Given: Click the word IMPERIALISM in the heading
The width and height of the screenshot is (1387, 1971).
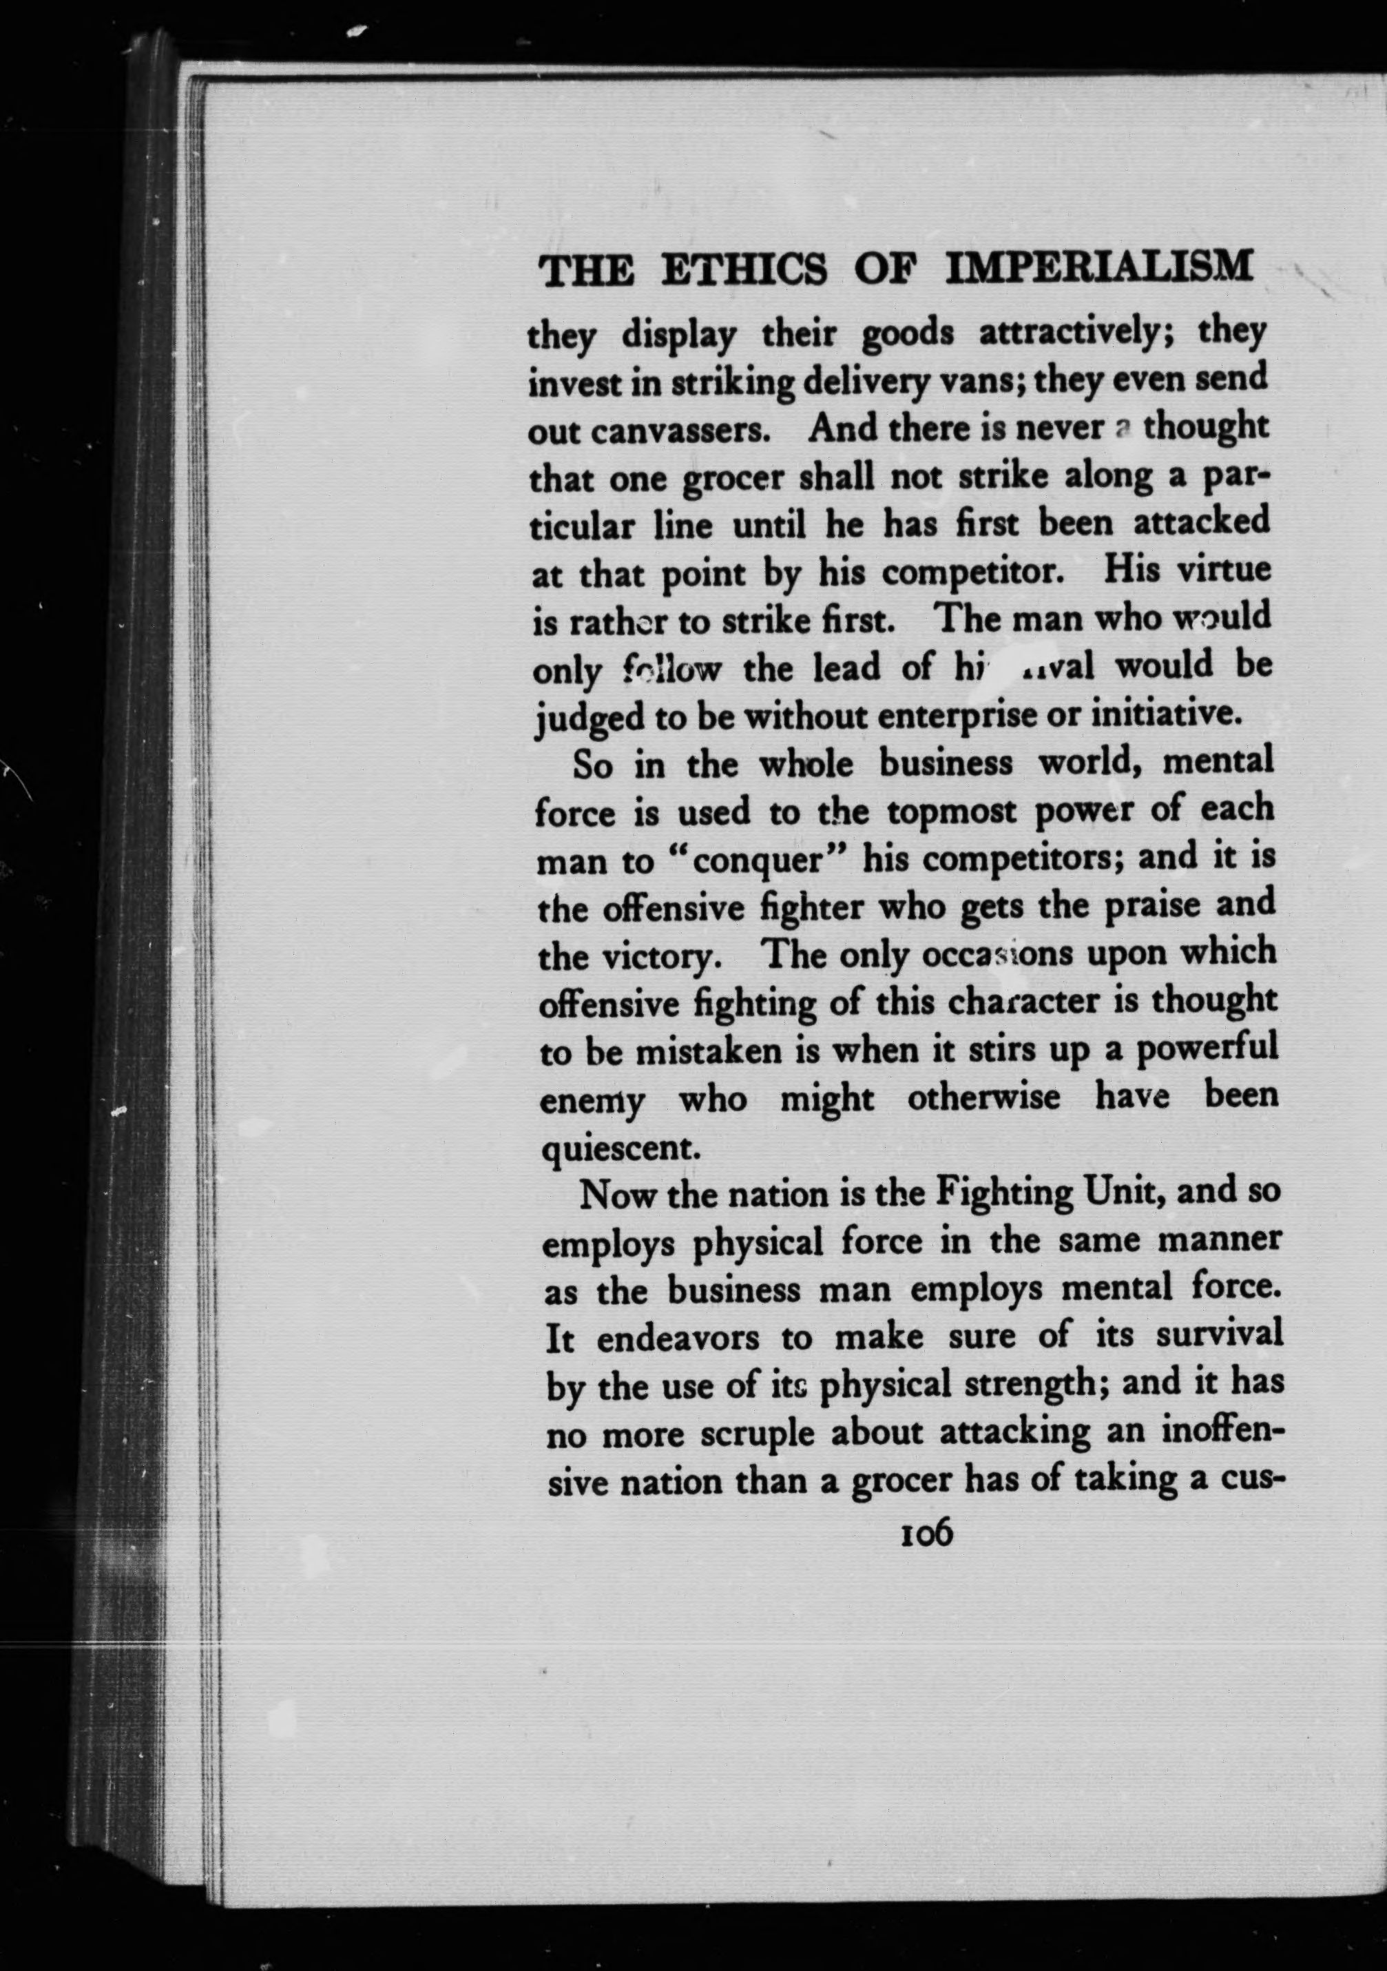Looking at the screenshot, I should [1098, 267].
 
